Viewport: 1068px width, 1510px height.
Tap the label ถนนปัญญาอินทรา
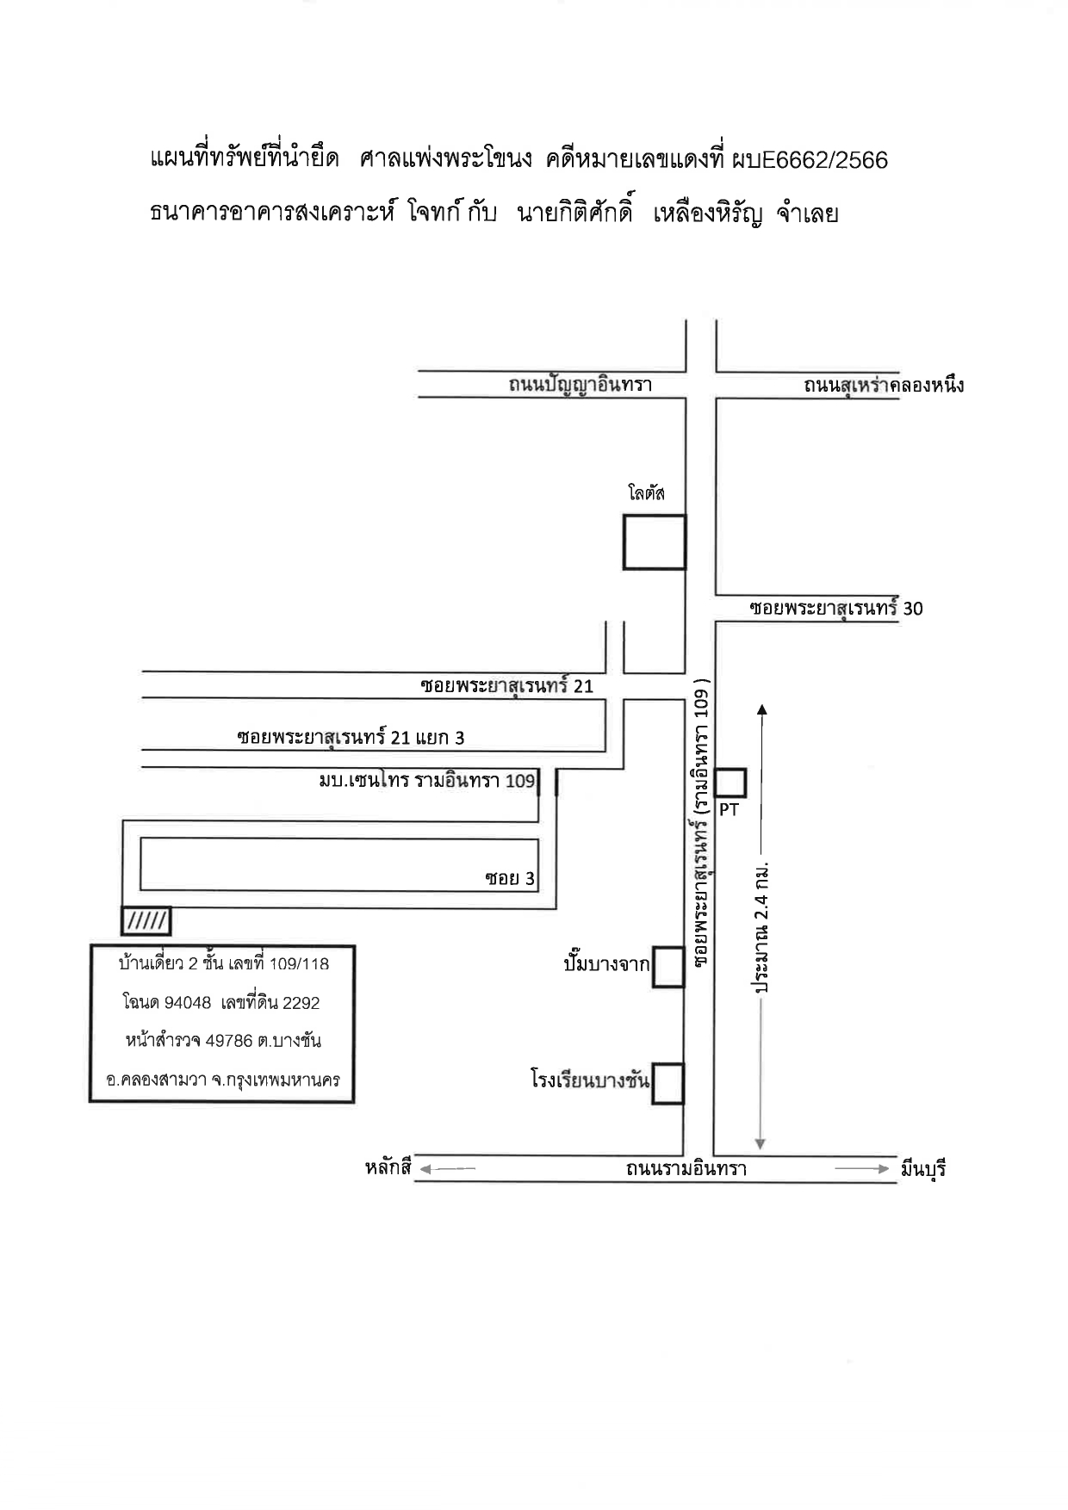[580, 385]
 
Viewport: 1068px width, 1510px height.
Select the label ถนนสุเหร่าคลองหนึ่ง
[884, 385]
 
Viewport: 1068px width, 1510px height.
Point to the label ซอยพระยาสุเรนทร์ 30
[835, 608]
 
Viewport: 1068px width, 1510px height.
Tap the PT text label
[729, 809]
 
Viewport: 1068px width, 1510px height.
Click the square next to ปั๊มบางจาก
[668, 967]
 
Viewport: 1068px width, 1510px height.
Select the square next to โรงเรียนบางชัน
[667, 1084]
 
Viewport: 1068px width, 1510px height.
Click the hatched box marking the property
[146, 921]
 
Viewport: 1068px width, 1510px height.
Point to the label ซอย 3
[510, 878]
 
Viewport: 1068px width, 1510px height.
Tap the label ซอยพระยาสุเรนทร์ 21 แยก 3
[351, 737]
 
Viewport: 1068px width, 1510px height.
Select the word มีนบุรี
[923, 1169]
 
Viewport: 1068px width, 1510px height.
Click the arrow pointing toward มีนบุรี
[861, 1168]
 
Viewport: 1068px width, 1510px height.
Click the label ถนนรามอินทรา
[686, 1168]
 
